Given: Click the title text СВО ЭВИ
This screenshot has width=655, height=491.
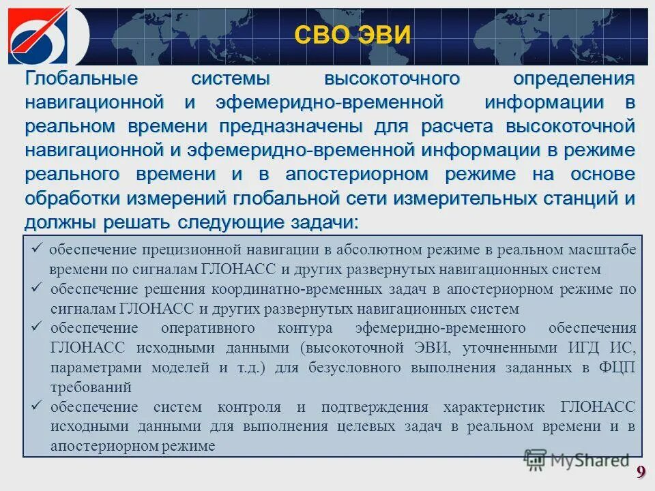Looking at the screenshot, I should click(353, 34).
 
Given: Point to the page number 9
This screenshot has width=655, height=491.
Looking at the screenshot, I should click(641, 472).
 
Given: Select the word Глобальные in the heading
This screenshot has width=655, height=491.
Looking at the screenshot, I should click(82, 79).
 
